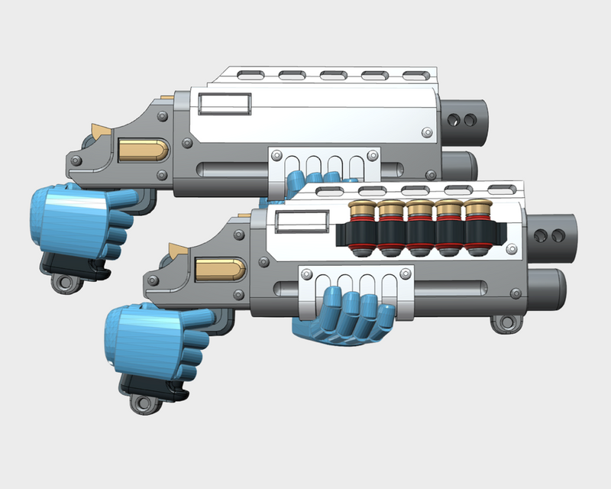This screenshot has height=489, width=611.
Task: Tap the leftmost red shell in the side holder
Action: tap(360, 228)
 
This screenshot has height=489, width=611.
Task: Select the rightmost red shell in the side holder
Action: tap(478, 228)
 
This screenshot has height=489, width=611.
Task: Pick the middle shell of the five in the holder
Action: tap(419, 228)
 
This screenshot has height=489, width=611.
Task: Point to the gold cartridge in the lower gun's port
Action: tap(220, 267)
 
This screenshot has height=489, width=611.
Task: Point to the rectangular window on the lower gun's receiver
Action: tap(300, 222)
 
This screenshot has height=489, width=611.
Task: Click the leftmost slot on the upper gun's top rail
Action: tap(249, 76)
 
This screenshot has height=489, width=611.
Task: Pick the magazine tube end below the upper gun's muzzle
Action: tap(457, 163)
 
